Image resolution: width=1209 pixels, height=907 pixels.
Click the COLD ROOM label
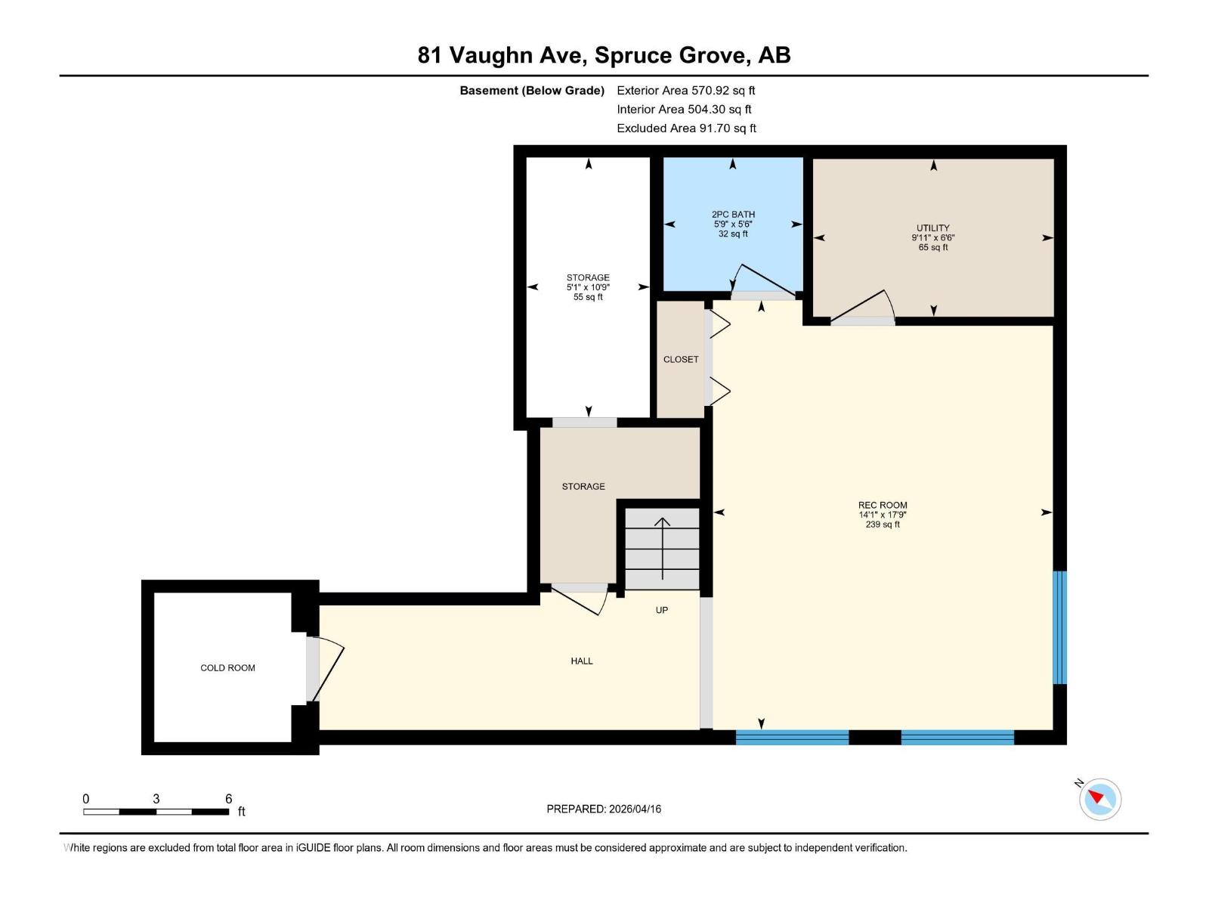(x=227, y=668)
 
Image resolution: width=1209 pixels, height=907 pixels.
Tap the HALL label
(x=582, y=661)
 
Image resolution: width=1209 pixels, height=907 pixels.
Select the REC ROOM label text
(x=883, y=506)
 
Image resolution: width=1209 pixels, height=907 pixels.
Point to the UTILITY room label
(x=933, y=228)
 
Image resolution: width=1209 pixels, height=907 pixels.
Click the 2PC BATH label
(x=733, y=215)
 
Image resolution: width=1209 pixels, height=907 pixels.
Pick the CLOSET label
(x=681, y=360)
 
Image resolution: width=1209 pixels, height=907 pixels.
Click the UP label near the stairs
(x=662, y=611)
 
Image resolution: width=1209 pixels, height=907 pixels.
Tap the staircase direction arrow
(x=663, y=548)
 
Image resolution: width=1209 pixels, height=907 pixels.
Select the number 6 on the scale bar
(x=228, y=799)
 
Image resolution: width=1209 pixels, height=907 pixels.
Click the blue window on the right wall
(x=1060, y=627)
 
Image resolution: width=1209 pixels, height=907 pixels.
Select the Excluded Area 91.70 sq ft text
(x=686, y=128)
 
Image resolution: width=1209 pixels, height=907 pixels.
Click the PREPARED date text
(x=604, y=809)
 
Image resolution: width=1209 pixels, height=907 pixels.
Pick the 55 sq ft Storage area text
(x=588, y=298)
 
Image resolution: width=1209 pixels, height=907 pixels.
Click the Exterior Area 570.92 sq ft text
(x=686, y=91)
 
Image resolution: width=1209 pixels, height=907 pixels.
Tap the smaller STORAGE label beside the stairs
(x=583, y=487)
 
